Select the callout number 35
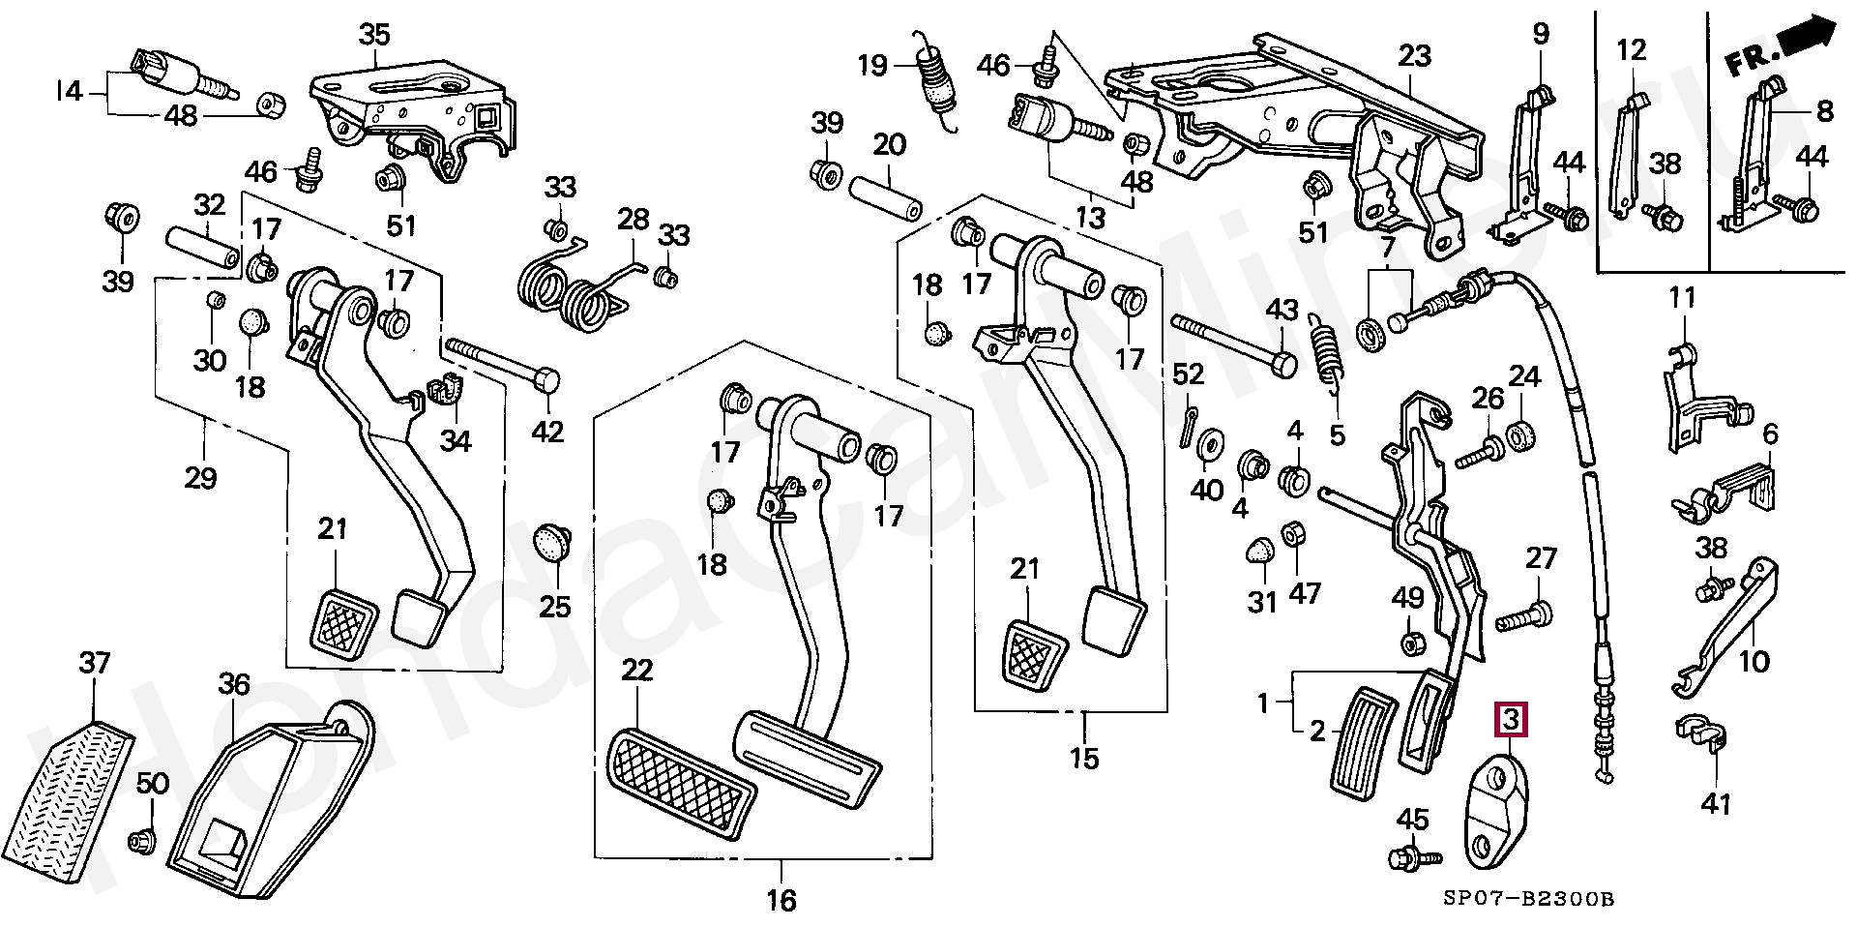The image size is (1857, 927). point(374,35)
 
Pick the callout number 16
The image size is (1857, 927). point(781,900)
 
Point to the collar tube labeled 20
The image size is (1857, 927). point(885,197)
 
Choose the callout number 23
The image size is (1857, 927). point(1414,55)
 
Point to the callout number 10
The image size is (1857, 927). point(1753,662)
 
